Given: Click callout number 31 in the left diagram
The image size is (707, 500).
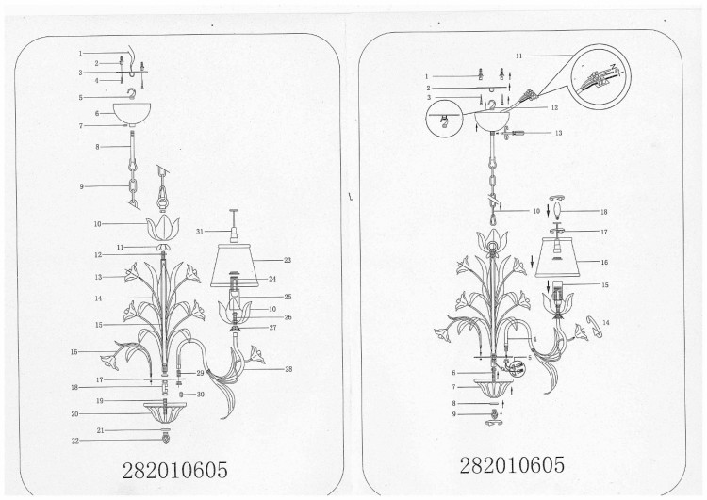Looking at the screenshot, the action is [200, 232].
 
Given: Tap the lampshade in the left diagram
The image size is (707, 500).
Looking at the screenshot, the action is [234, 266].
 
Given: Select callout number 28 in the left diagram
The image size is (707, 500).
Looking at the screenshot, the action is [288, 369].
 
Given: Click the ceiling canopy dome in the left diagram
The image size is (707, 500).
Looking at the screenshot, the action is [132, 114].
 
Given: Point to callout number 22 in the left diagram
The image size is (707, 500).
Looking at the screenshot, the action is [75, 441].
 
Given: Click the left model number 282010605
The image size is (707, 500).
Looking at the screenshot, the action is [175, 471].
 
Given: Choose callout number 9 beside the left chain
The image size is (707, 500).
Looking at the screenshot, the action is [82, 186].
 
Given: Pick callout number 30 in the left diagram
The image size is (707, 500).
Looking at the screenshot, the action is [201, 395].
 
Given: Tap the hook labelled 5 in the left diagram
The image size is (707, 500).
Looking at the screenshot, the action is [131, 94].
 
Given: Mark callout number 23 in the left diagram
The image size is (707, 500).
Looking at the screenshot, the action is [288, 260].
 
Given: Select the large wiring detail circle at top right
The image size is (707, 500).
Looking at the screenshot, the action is [600, 75].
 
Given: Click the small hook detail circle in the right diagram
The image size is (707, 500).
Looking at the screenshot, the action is [445, 119].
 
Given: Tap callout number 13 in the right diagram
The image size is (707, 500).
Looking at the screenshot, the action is [559, 133].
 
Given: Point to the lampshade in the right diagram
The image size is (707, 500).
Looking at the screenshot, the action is [557, 257].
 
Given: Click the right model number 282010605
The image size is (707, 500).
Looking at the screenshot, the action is [512, 465].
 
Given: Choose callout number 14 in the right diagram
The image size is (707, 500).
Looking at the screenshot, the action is [605, 323].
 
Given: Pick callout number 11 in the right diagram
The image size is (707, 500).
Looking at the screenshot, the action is [518, 56].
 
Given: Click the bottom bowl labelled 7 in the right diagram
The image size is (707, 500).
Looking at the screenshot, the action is [494, 388].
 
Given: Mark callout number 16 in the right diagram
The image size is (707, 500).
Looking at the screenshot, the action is [604, 262].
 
